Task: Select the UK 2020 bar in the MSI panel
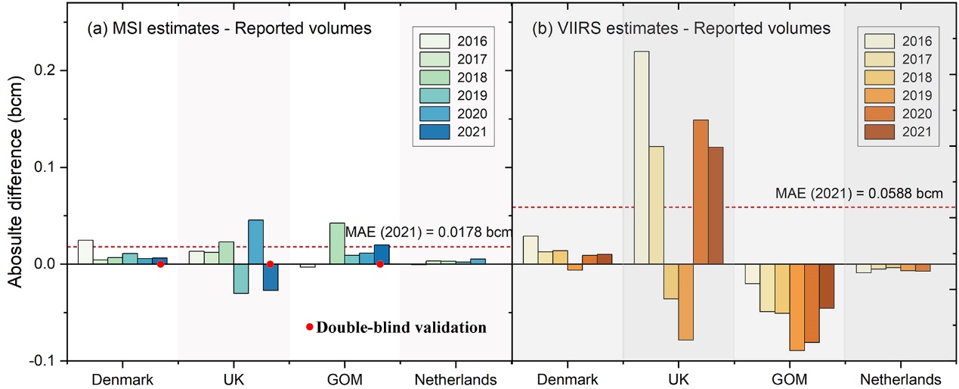coord(255,241)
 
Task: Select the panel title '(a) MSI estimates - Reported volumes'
coord(229,29)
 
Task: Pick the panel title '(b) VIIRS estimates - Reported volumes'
coord(682,29)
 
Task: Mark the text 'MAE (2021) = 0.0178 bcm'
coord(428,231)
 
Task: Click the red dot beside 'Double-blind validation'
coord(309,327)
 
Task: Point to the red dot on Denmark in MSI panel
coord(160,264)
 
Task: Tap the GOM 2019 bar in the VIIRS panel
coord(797,307)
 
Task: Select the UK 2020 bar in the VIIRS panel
coord(701,191)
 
